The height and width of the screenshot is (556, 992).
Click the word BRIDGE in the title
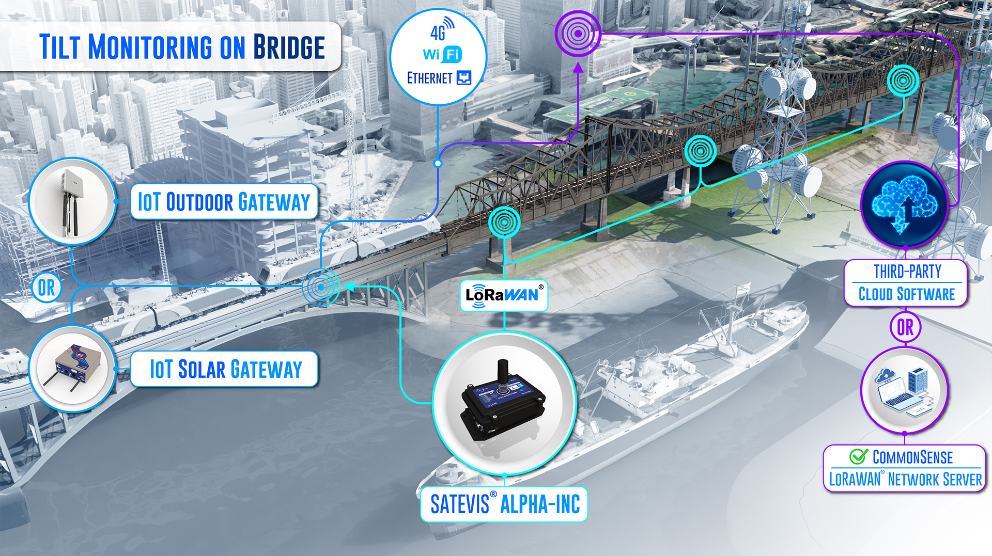[289, 47]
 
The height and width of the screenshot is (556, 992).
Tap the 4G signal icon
[442, 29]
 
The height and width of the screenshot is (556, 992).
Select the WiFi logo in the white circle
[442, 54]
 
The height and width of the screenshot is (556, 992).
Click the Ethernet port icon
[464, 78]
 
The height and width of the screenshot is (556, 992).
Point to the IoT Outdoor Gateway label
[224, 201]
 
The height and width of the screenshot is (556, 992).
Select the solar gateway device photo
[72, 368]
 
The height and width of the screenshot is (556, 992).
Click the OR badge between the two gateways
[47, 288]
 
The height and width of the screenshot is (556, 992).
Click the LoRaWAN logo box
[504, 295]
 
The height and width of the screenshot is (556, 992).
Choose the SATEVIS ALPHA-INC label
[504, 504]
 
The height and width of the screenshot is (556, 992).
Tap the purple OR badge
[905, 327]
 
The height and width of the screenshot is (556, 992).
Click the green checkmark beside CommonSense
[859, 456]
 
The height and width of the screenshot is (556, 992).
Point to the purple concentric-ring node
[578, 34]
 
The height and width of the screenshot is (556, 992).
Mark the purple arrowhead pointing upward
[578, 67]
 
